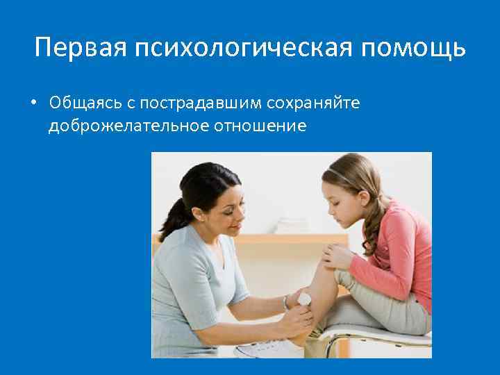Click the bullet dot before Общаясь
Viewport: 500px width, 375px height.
click(x=33, y=103)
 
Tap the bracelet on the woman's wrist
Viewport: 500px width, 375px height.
click(x=285, y=303)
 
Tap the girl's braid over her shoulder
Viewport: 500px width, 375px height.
click(x=376, y=222)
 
